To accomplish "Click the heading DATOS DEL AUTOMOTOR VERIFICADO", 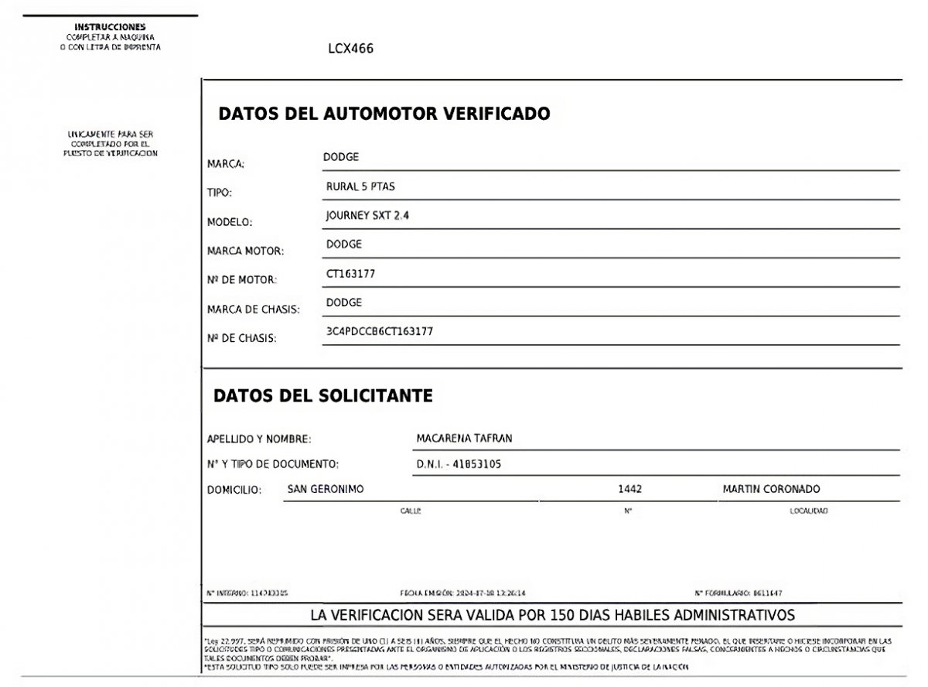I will click(384, 114).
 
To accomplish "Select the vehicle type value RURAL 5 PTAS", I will click(361, 186).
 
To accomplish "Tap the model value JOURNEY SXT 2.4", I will click(367, 216).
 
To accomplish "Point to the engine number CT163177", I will click(351, 273).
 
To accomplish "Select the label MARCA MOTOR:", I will click(246, 251).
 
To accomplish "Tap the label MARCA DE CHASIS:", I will click(253, 309).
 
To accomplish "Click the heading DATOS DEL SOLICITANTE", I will click(322, 395).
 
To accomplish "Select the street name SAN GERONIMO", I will click(326, 489).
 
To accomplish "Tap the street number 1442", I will click(630, 489).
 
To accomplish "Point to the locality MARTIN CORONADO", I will click(771, 489).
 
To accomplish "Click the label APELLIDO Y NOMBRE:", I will click(259, 439).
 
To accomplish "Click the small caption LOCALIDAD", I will click(809, 511).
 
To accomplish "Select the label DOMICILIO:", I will click(234, 490).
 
